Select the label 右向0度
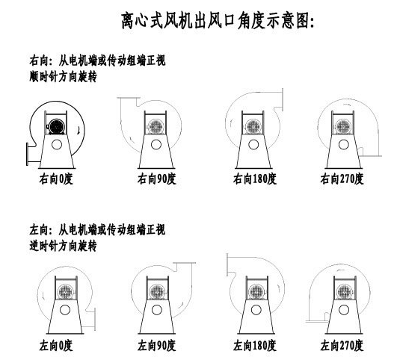coord(58,179)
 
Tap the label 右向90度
coord(155,179)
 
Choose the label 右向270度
coord(342,179)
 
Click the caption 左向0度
coord(58,346)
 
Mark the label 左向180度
coord(255,346)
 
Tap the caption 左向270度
coord(343,346)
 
